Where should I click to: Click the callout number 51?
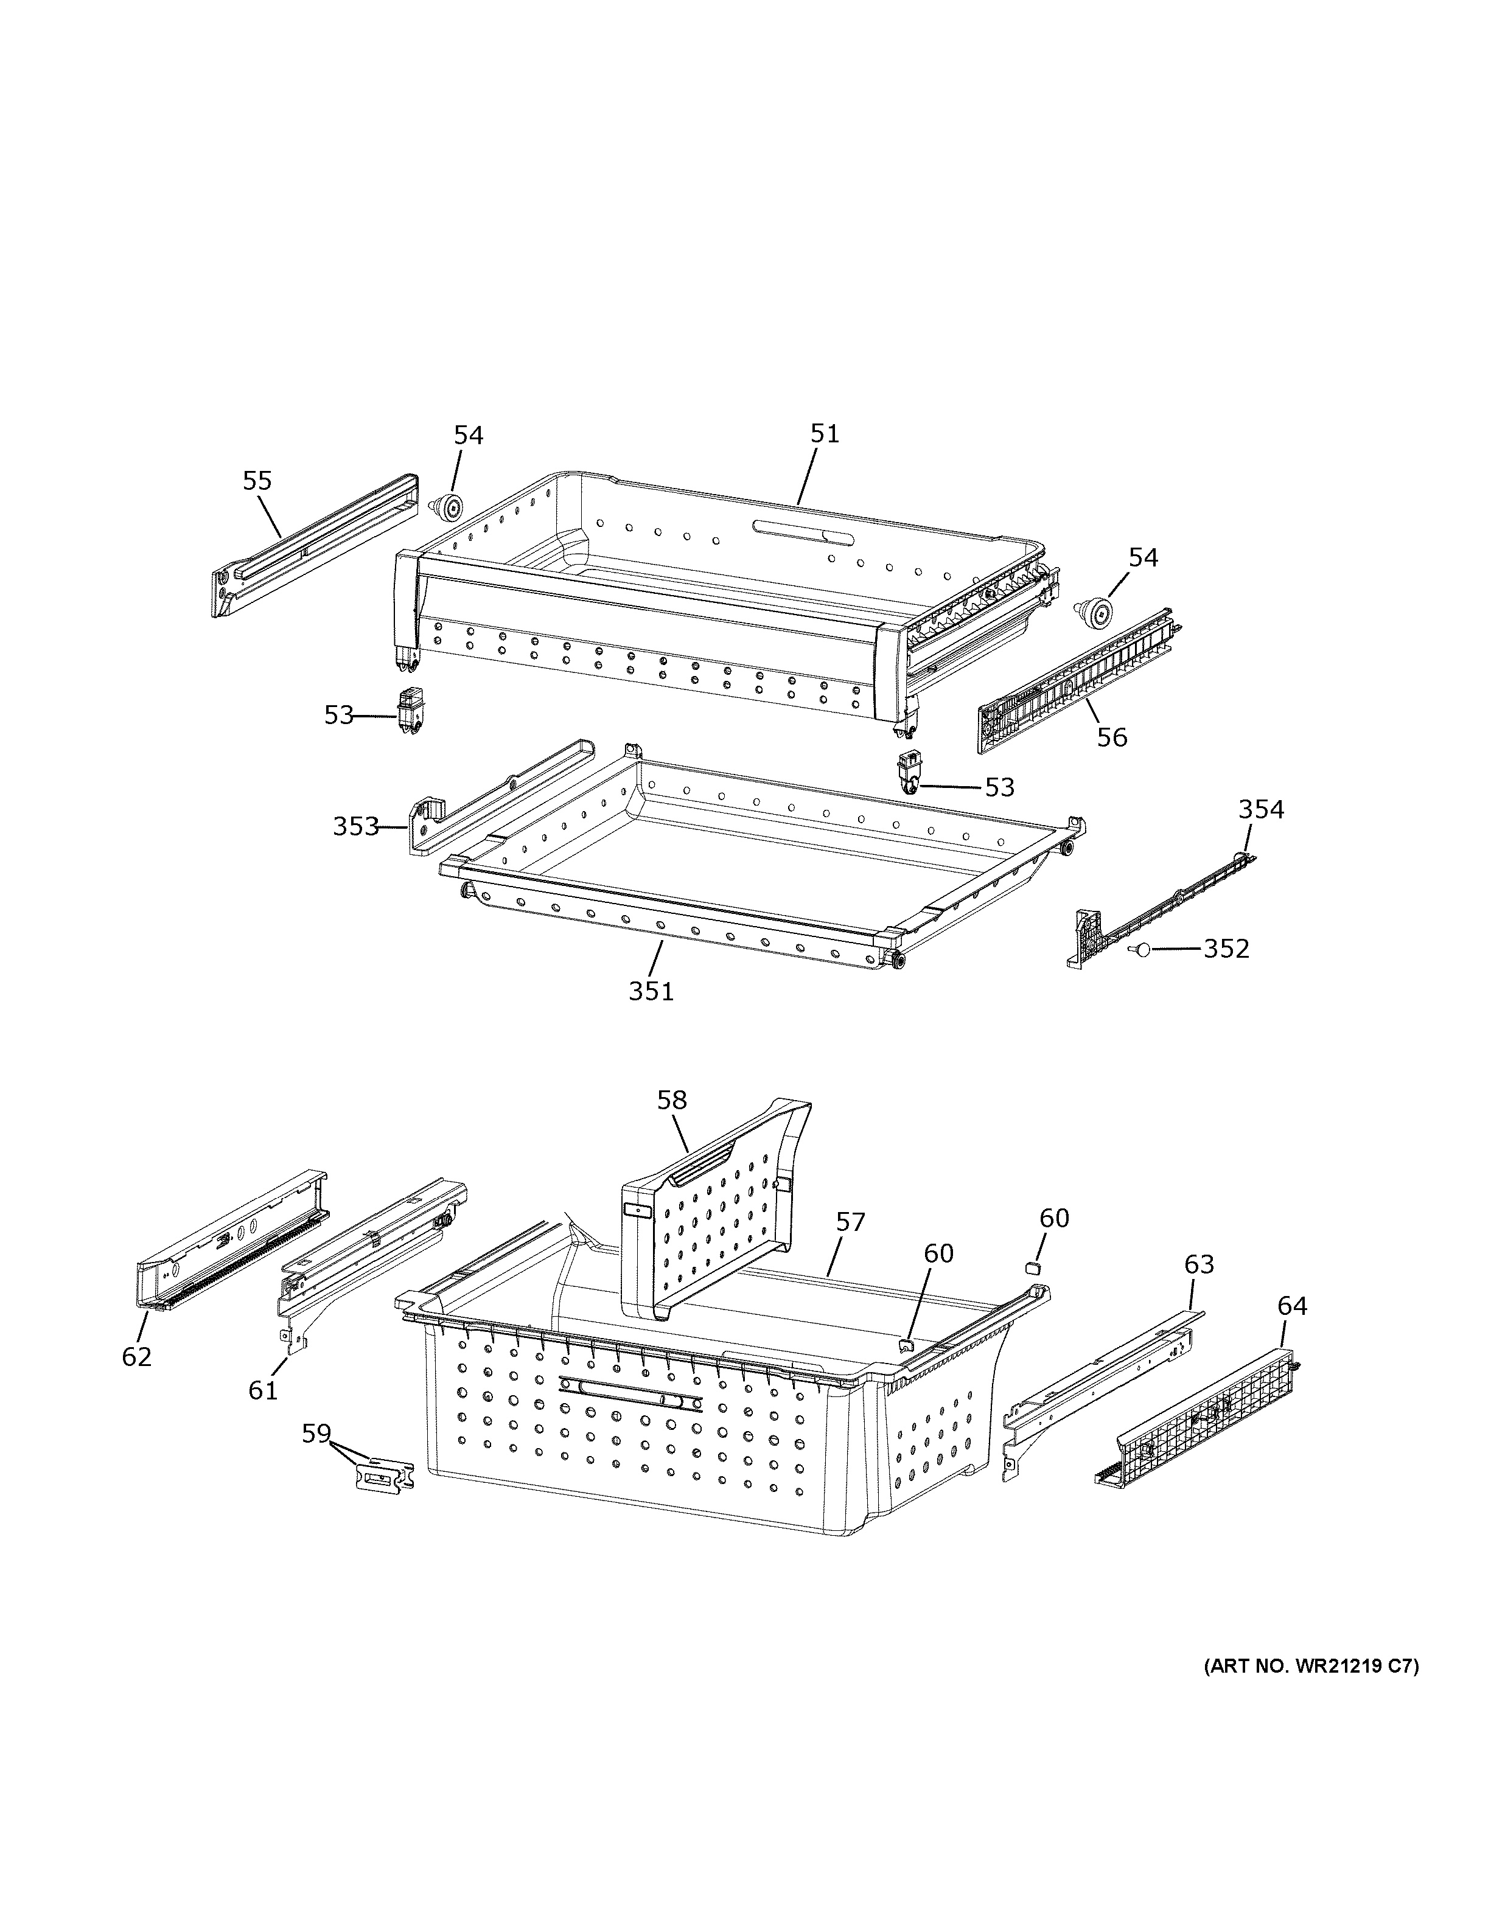click(825, 434)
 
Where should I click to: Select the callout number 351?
click(651, 992)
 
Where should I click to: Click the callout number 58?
click(672, 1100)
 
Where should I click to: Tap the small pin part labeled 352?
click(1140, 949)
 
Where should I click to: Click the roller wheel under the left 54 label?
click(451, 507)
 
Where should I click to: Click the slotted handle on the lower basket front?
click(631, 1392)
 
